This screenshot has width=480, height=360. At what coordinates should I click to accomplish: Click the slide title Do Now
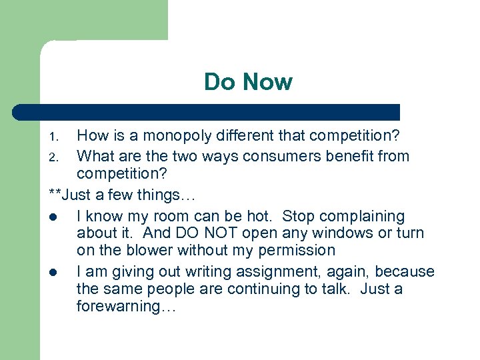(x=248, y=82)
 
